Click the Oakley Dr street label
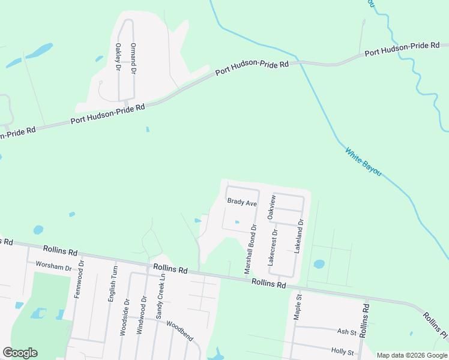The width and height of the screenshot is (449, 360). tap(118, 57)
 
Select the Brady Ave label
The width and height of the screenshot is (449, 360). tap(241, 203)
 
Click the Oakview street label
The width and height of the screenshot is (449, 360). tap(271, 206)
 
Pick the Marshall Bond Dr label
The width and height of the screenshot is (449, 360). tap(250, 250)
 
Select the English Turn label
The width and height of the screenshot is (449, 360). tap(112, 284)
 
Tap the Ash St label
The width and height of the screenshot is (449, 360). tap(346, 332)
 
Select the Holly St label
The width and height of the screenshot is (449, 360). tap(343, 350)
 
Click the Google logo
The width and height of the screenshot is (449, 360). tap(20, 353)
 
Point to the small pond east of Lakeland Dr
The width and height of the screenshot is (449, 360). tap(319, 264)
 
